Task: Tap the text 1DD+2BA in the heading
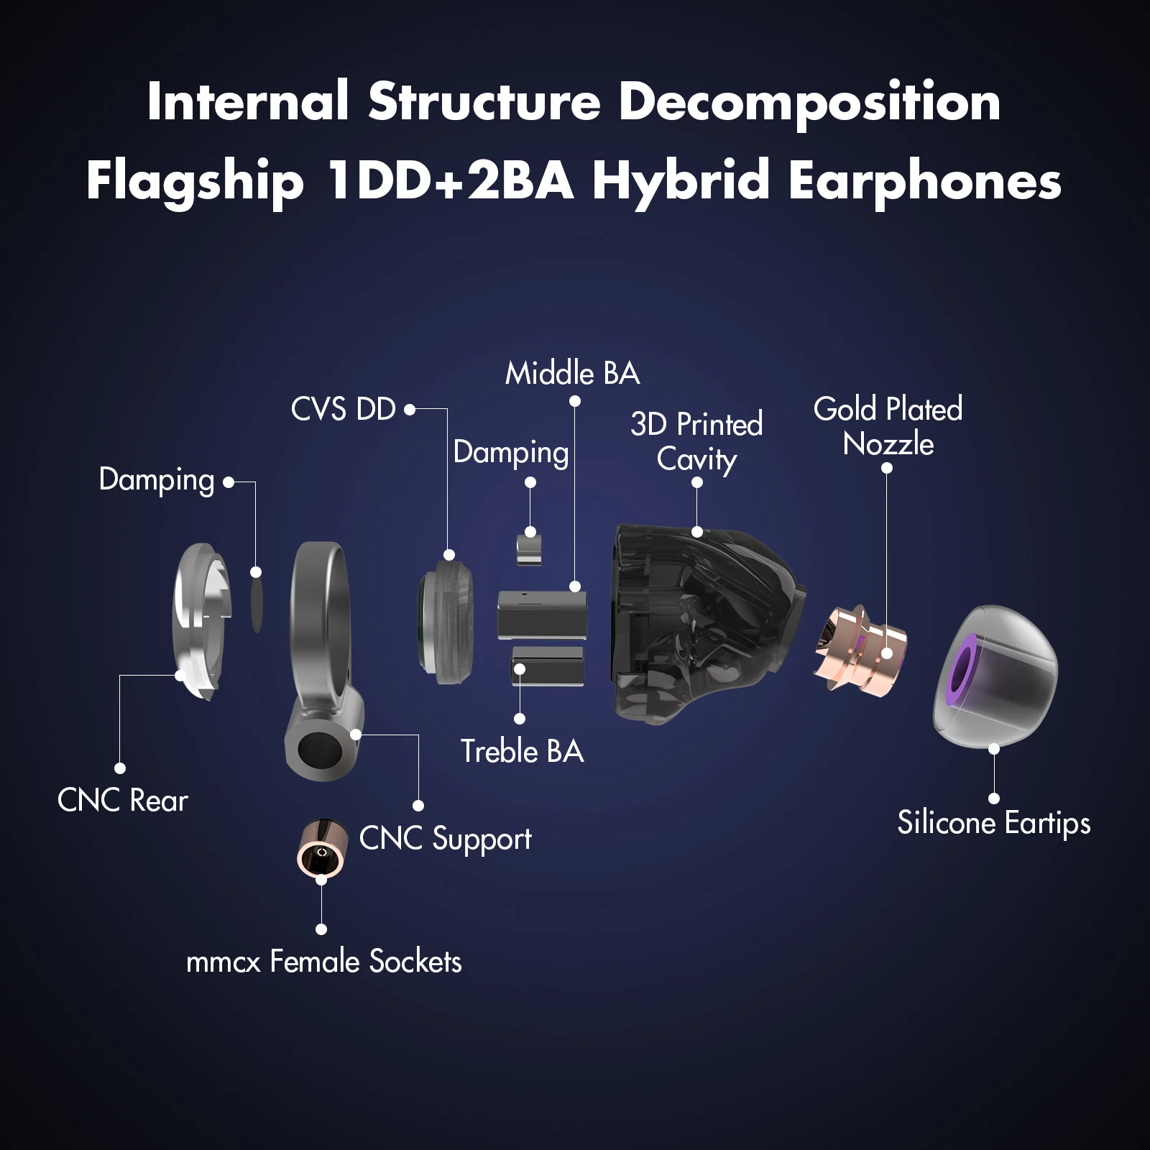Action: [x=449, y=181]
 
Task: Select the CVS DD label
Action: [x=343, y=410]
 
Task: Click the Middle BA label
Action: [x=572, y=374]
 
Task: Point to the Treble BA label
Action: [x=522, y=752]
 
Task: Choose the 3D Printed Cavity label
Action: [x=696, y=441]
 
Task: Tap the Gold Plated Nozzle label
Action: [x=888, y=426]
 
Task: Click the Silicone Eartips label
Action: [x=993, y=823]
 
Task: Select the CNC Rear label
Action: [x=122, y=800]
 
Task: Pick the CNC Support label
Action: [x=445, y=839]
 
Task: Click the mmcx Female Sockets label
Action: [x=323, y=962]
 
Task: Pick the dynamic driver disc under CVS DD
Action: [x=447, y=622]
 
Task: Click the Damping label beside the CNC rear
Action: [x=157, y=480]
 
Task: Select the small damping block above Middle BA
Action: [x=530, y=548]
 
